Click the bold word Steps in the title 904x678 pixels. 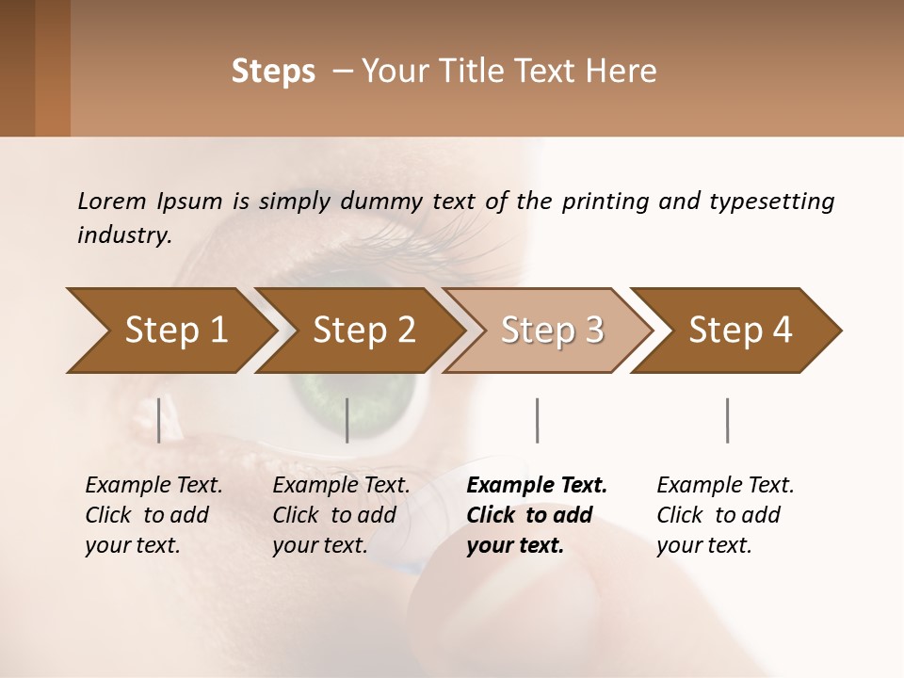[273, 72]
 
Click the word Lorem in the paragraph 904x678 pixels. [111, 201]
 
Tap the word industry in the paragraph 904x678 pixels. [124, 234]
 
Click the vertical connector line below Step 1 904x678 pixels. [159, 420]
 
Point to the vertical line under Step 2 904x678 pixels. [347, 420]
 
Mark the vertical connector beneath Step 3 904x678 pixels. [538, 420]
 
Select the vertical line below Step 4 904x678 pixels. [728, 420]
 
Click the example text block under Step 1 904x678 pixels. [153, 515]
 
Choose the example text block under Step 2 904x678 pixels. [341, 515]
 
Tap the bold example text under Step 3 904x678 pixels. [537, 515]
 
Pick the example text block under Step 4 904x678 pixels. [725, 515]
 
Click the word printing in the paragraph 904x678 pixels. [603, 201]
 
